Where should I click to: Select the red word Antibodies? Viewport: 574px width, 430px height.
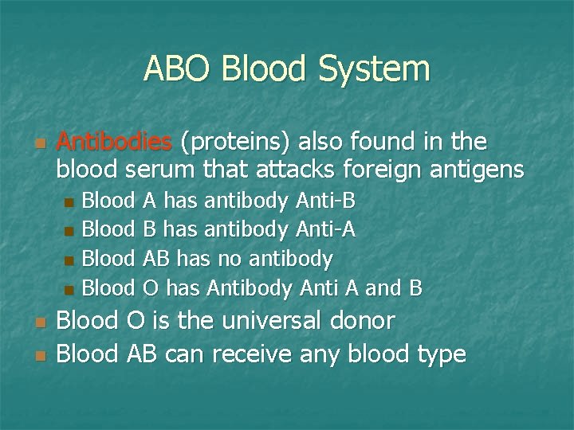pyautogui.click(x=115, y=143)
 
